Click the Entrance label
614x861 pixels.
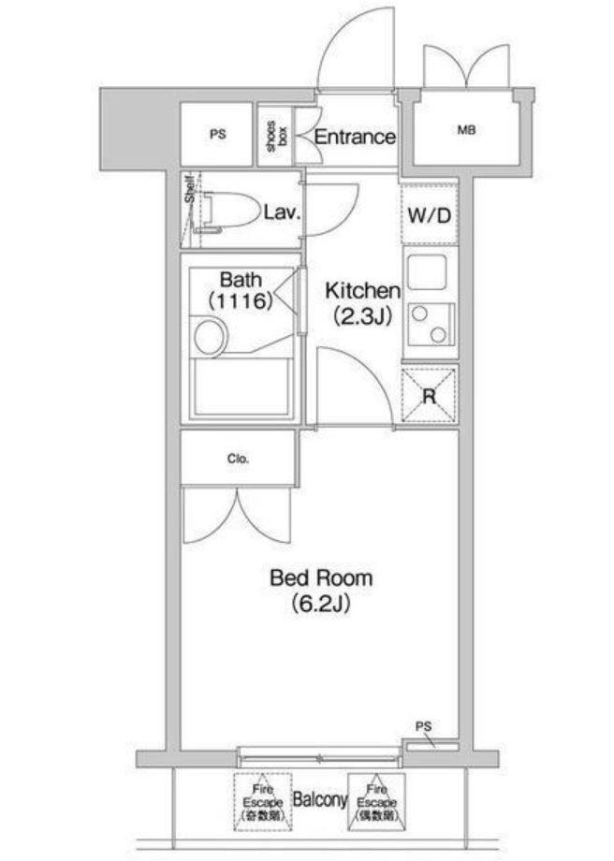(x=354, y=137)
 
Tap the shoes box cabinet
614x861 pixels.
(x=275, y=137)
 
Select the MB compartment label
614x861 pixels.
(x=466, y=130)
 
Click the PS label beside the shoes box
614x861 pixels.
(x=217, y=135)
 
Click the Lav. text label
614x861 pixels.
(x=281, y=212)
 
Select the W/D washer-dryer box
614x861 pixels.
(x=430, y=216)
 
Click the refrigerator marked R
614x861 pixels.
(x=430, y=396)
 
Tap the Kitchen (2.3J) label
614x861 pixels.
(x=362, y=303)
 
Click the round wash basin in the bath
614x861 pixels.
(x=209, y=336)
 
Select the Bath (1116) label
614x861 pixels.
(x=241, y=290)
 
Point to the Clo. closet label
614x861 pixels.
(x=236, y=460)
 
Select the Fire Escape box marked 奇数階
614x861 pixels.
(x=261, y=801)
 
